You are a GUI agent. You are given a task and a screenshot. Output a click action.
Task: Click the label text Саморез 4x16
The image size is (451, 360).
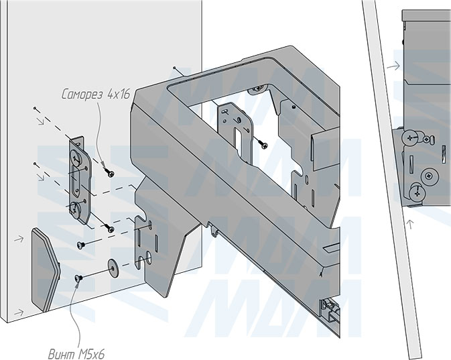pos(96,94)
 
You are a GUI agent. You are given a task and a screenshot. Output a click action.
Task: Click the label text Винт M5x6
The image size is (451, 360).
pos(76,354)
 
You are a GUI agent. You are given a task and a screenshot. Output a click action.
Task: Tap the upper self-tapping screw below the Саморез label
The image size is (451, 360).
pos(110,173)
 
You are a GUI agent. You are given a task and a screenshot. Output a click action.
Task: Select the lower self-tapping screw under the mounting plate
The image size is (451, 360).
pos(110,229)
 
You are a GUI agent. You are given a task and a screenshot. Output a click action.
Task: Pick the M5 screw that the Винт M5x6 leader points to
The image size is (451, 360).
pos(79,278)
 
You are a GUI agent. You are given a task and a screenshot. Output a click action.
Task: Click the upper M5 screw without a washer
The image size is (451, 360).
pos(80,245)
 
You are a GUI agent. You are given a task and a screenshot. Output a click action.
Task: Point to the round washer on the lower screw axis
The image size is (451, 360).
pos(113,266)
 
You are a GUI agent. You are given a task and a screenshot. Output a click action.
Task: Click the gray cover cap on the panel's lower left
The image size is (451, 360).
pos(46,270)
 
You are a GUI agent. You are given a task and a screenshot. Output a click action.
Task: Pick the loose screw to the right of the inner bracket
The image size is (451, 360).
pos(263,144)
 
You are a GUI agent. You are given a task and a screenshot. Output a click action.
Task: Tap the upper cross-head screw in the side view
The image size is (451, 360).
pos(411,138)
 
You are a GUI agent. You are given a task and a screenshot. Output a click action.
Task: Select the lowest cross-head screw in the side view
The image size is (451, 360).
pos(417,192)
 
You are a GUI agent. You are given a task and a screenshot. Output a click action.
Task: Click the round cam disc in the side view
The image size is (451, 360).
pos(429,176)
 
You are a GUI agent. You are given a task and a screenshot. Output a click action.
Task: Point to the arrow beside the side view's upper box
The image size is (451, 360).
pos(393,66)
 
